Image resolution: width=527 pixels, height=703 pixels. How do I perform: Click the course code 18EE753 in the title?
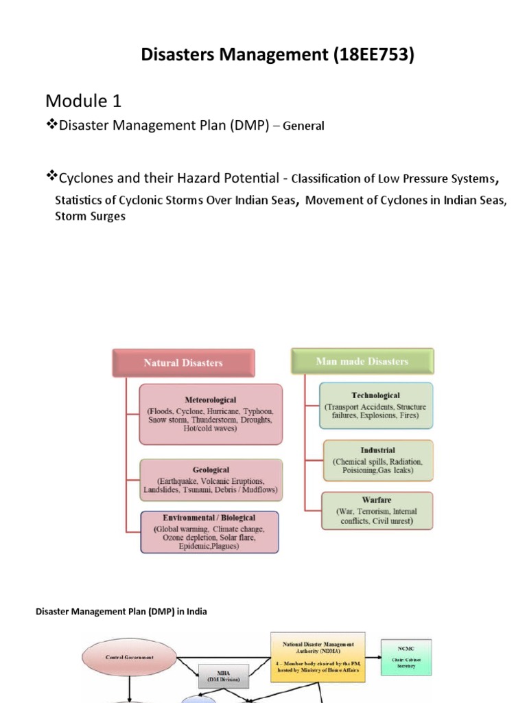(373, 55)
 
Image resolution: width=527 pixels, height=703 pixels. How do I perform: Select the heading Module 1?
(83, 101)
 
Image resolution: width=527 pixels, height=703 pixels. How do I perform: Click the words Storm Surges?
(90, 216)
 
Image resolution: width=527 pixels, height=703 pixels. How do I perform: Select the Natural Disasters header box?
(183, 362)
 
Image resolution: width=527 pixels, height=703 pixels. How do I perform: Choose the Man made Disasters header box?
(362, 361)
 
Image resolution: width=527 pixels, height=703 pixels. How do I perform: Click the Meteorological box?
(211, 413)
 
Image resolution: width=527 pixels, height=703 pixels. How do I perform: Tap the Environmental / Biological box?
(209, 532)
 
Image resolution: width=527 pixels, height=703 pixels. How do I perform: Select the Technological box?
(375, 406)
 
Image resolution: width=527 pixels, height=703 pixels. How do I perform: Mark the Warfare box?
(377, 510)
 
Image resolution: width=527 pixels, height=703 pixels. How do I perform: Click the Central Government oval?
(130, 657)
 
